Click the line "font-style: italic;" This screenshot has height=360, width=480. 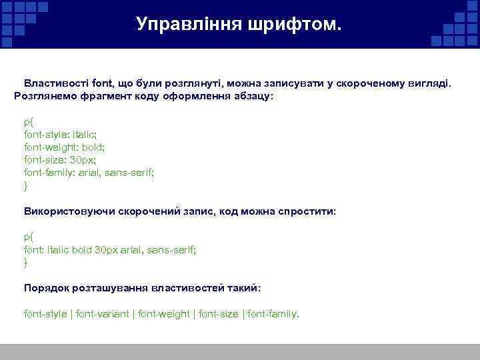coord(64,135)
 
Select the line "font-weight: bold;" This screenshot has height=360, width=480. coord(65,147)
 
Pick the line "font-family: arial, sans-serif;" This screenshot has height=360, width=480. coord(89,172)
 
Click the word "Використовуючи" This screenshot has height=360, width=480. coord(69,211)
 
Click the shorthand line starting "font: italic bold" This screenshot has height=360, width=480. coord(110,249)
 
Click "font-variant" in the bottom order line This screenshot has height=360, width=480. coord(103,313)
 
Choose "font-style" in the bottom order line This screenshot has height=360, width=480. coord(45,313)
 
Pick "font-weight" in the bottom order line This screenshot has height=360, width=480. coord(164,313)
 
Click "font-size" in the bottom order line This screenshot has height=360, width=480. coord(218,313)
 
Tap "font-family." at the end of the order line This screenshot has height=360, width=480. coord(273,313)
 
